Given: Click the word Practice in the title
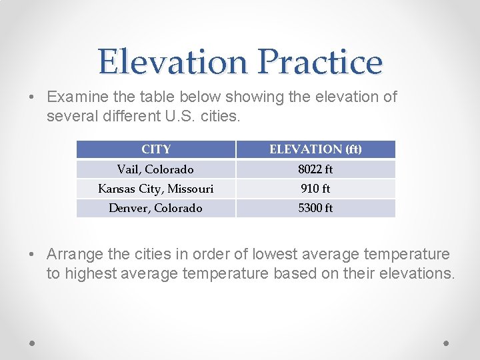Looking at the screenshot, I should (320, 61).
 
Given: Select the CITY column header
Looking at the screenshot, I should (156, 149).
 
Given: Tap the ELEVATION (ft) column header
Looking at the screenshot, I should (315, 149).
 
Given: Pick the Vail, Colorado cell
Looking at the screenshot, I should (155, 169).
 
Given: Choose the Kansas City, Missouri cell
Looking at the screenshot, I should (155, 189).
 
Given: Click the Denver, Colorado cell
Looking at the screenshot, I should (155, 208).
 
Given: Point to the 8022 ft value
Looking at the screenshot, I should (315, 169).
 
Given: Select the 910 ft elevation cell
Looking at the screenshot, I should (315, 189).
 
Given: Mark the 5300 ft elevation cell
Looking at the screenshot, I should (315, 208).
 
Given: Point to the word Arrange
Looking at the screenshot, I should (75, 255).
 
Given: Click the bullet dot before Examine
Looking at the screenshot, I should (33, 97).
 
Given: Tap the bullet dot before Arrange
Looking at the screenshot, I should (33, 255).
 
